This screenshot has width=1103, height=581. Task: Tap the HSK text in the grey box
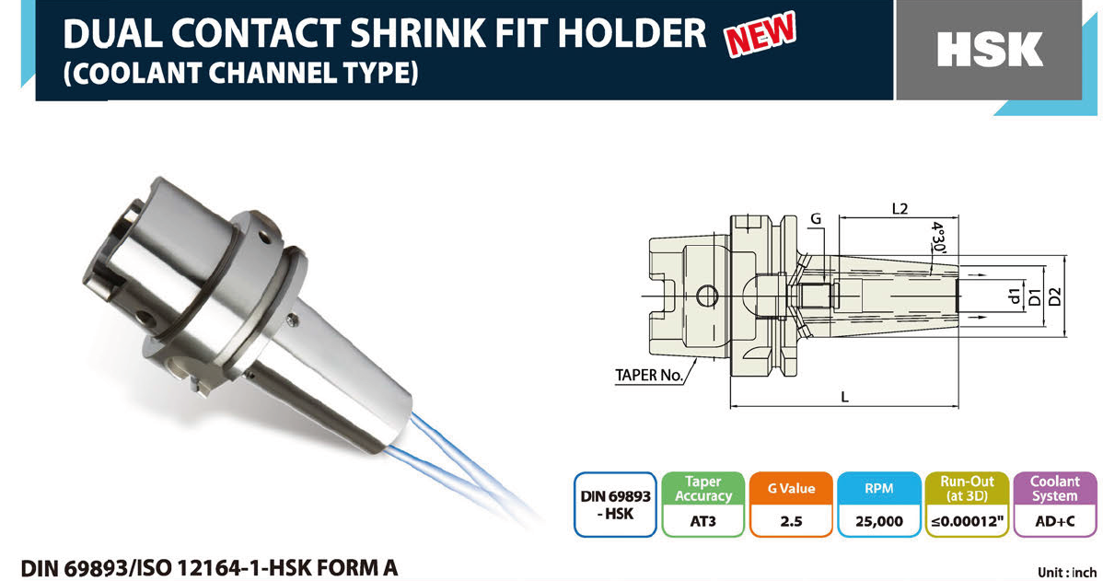990,50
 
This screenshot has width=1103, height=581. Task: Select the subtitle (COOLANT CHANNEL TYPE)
240,73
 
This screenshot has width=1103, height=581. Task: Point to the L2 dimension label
899,208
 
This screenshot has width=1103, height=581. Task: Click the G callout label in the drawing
816,219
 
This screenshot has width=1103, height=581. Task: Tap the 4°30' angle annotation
937,238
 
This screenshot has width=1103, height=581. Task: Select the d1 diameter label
1014,296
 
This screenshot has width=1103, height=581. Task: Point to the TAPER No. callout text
648,375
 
